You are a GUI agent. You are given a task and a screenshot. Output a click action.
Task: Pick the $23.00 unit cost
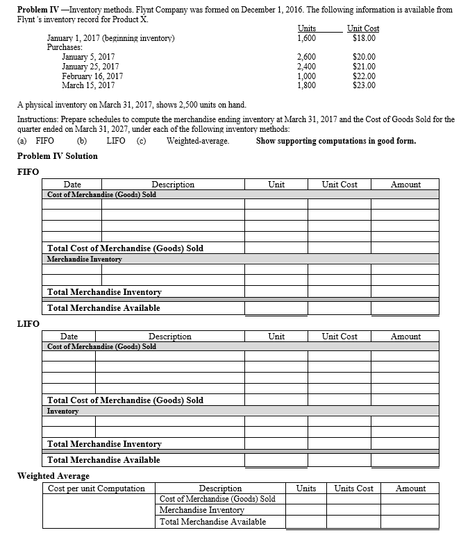click(x=364, y=86)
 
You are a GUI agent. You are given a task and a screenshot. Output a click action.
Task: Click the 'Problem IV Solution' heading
click(x=57, y=155)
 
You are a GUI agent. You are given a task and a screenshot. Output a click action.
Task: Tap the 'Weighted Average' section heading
click(x=53, y=475)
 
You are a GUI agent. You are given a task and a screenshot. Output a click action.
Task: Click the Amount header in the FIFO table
click(x=405, y=185)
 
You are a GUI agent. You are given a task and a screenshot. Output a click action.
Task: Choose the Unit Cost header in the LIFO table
click(x=340, y=337)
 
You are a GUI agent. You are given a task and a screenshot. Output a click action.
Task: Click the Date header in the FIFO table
click(x=72, y=185)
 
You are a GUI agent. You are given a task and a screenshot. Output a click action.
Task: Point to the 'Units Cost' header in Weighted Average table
click(x=354, y=488)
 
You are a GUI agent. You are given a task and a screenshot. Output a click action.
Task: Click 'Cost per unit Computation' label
click(x=97, y=488)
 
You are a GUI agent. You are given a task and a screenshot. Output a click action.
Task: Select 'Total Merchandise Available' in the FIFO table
click(x=103, y=307)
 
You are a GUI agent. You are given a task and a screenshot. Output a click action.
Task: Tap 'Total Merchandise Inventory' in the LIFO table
click(x=104, y=444)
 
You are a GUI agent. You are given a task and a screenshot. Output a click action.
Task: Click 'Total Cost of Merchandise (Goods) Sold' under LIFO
click(x=125, y=400)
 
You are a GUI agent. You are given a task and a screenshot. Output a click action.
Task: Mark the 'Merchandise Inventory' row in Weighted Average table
click(x=202, y=510)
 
